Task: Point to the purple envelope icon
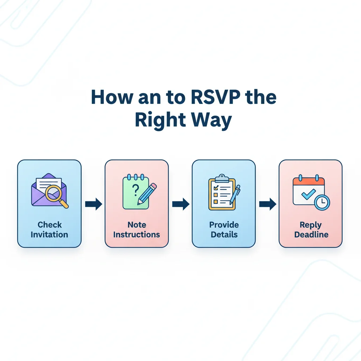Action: click(44, 190)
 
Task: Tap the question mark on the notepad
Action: click(135, 191)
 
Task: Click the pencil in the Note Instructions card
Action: click(147, 194)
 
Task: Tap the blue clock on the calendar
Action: click(322, 202)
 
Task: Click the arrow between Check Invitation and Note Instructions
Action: click(93, 204)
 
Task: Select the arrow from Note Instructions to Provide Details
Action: click(180, 204)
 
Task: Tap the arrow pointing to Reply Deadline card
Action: click(268, 204)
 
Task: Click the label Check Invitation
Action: click(49, 230)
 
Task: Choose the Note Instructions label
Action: click(137, 230)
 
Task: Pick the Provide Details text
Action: click(224, 230)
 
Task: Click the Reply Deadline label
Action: click(311, 230)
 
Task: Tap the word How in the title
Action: click(107, 98)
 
